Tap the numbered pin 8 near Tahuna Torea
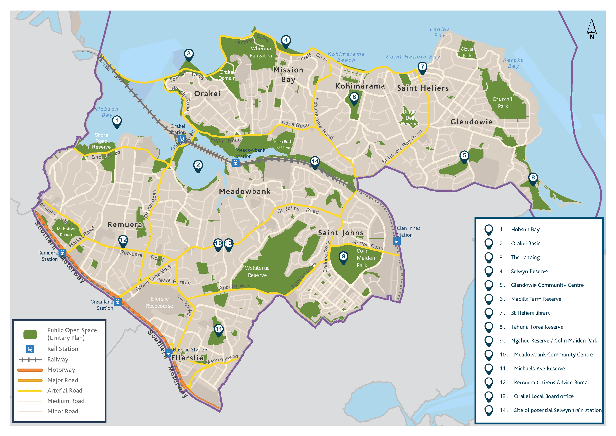[x=533, y=178]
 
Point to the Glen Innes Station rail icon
[x=397, y=241]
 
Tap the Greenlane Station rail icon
[x=118, y=301]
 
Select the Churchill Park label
[x=503, y=102]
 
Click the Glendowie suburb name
[x=472, y=122]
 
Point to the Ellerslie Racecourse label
[x=159, y=302]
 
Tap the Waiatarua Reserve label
[x=257, y=271]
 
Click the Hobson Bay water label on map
[x=107, y=112]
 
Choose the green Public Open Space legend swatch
[x=30, y=335]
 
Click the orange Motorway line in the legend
[x=30, y=370]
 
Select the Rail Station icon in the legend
[x=30, y=349]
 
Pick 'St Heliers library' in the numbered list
[x=531, y=313]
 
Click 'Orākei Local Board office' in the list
[x=544, y=396]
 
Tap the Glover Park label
[x=467, y=52]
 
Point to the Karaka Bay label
[x=513, y=63]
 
